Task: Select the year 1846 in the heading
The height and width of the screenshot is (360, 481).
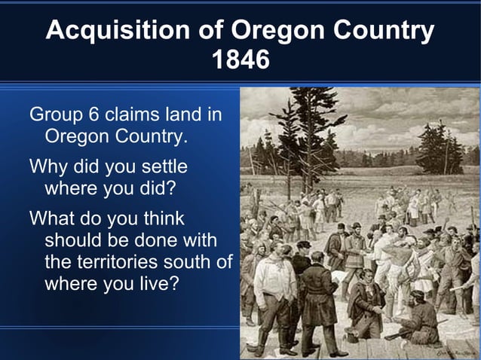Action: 240,59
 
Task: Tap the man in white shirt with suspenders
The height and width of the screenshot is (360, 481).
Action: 273,286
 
